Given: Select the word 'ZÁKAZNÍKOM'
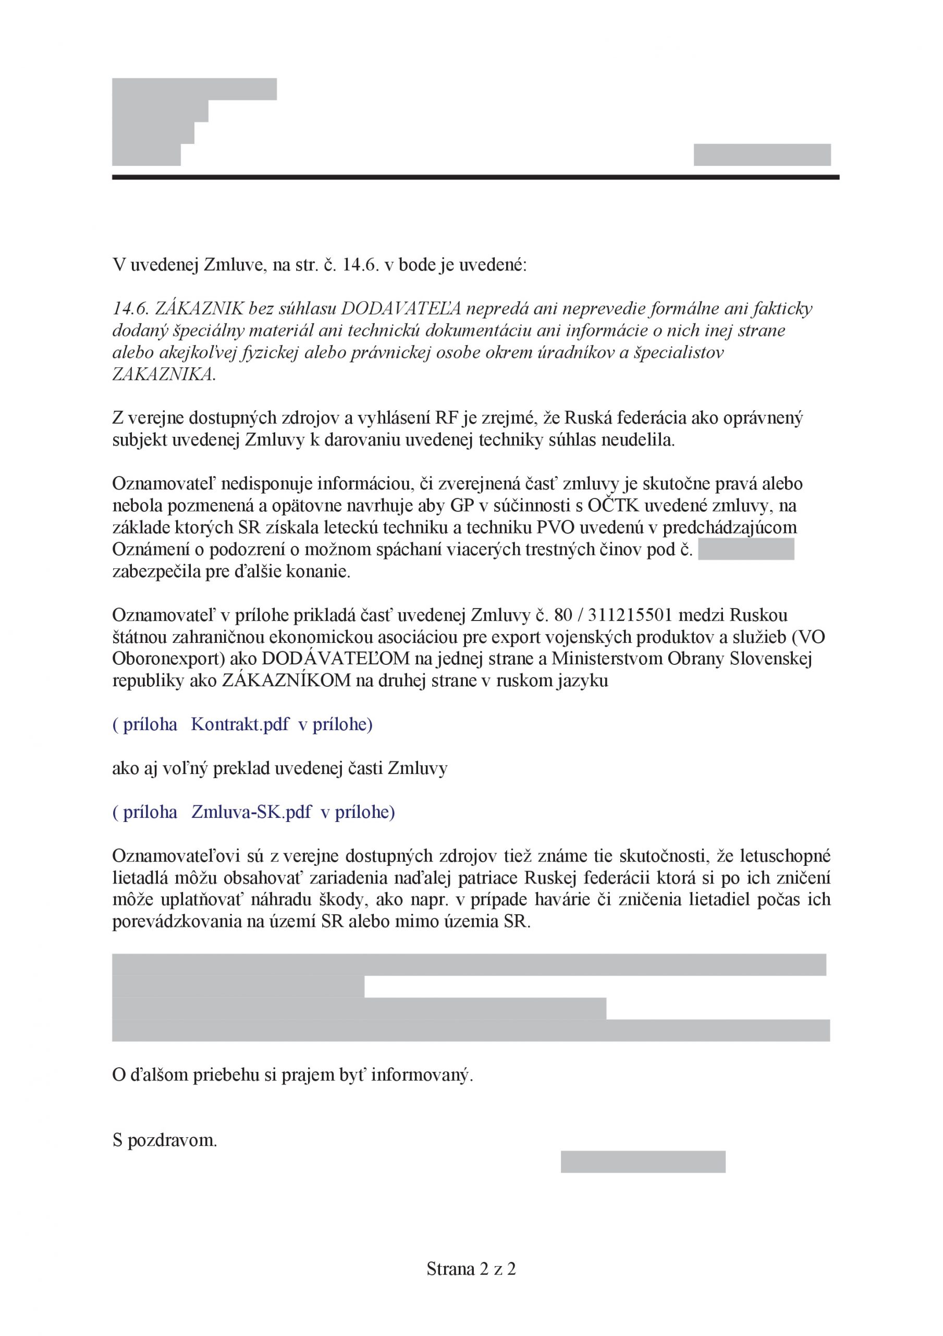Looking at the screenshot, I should click(287, 681).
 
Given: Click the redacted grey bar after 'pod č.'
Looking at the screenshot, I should click(746, 550).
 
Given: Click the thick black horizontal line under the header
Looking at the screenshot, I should click(475, 177).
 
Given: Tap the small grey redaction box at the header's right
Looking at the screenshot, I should click(762, 155).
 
